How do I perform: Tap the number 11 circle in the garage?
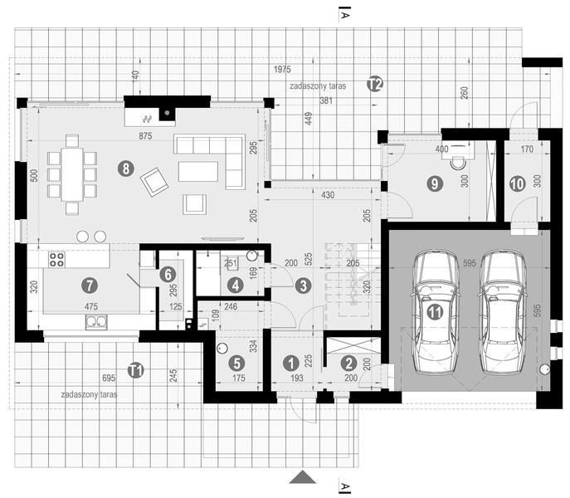[x=434, y=312]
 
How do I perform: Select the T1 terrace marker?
[x=136, y=370]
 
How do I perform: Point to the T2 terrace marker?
[x=375, y=83]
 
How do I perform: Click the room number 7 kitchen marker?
[x=90, y=285]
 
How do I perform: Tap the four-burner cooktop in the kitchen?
[x=58, y=260]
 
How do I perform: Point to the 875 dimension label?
[x=145, y=135]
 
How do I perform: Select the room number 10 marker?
[x=517, y=184]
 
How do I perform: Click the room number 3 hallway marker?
[x=303, y=286]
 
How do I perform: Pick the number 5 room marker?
[x=236, y=363]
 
